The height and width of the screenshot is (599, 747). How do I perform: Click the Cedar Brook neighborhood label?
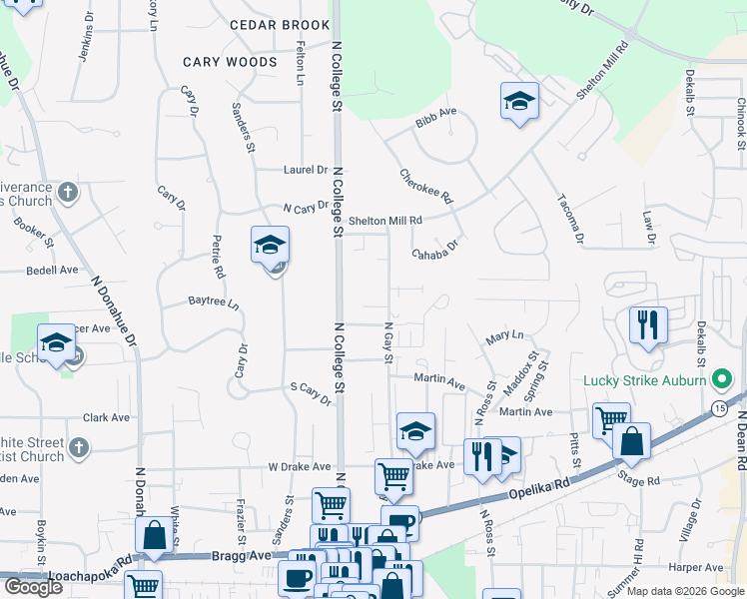[x=279, y=24]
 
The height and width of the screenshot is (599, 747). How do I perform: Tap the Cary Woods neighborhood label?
[x=230, y=62]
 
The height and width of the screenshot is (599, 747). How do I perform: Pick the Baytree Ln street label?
[x=214, y=301]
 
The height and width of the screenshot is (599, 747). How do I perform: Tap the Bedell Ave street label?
[x=52, y=270]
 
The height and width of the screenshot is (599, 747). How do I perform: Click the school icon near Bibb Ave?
[x=519, y=102]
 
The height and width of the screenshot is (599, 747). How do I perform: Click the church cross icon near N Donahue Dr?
[x=67, y=191]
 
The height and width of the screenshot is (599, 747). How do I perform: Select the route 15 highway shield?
[x=720, y=408]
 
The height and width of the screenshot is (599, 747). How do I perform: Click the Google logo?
[x=32, y=588]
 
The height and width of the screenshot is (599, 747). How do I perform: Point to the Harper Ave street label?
[x=689, y=568]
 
